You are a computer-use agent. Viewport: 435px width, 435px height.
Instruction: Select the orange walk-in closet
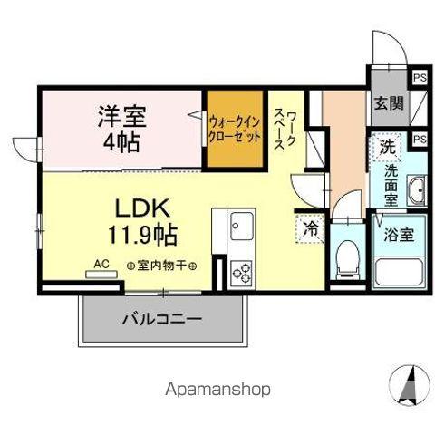232,129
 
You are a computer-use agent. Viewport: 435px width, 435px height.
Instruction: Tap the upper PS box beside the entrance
419,78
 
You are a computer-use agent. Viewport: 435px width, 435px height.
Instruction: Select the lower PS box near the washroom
419,140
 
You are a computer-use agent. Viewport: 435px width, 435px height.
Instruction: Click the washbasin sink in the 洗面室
417,191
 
